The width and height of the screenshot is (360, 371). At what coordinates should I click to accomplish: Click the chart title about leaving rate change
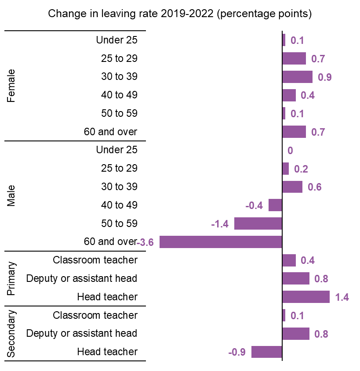click(x=180, y=14)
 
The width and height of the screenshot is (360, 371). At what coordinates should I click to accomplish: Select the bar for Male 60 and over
click(x=221, y=242)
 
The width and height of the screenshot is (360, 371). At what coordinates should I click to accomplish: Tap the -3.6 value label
click(x=145, y=242)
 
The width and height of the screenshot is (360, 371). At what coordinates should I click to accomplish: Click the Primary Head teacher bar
click(x=305, y=297)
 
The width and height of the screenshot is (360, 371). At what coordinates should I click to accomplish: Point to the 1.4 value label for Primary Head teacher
click(x=342, y=297)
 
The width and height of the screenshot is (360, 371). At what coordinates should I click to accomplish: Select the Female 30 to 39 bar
click(x=297, y=77)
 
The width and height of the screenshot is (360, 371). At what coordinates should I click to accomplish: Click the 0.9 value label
click(x=324, y=77)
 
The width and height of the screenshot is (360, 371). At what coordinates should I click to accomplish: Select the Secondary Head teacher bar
click(x=266, y=352)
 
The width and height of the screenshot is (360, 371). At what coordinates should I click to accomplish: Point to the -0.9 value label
click(x=237, y=352)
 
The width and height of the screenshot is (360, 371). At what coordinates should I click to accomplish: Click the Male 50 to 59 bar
click(x=258, y=223)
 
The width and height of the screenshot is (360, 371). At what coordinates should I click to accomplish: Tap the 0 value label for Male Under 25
click(x=290, y=151)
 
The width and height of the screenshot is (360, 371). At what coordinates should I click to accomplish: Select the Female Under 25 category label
click(x=116, y=40)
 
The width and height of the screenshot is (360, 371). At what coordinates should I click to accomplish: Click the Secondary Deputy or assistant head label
click(x=82, y=333)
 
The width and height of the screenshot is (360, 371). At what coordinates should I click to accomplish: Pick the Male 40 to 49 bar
click(x=275, y=205)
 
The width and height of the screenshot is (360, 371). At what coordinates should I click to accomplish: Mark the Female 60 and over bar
click(x=294, y=132)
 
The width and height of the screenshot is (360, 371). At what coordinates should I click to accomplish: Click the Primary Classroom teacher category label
click(x=95, y=260)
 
